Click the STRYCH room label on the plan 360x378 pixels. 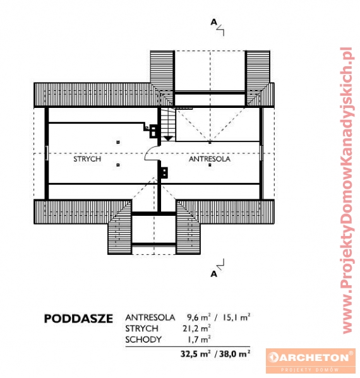(87, 159)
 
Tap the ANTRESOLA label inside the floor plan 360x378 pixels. (210, 159)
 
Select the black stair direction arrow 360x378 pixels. (168, 138)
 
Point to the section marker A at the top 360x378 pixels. (213, 22)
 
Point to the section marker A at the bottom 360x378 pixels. (213, 274)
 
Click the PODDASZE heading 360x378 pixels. (78, 319)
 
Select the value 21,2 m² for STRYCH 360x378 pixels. (196, 328)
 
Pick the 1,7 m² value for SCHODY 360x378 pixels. (199, 339)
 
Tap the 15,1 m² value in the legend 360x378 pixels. (236, 317)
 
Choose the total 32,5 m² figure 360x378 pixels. (195, 353)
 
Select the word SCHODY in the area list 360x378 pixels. (143, 340)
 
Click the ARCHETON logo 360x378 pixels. (311, 360)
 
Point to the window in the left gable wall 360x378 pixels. (47, 153)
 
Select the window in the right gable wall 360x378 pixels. (261, 153)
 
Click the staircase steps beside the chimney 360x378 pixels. (168, 122)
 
